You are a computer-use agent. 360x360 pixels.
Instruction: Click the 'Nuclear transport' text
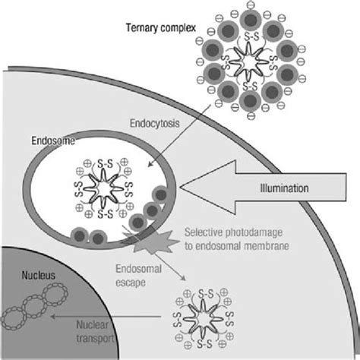[94, 332]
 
